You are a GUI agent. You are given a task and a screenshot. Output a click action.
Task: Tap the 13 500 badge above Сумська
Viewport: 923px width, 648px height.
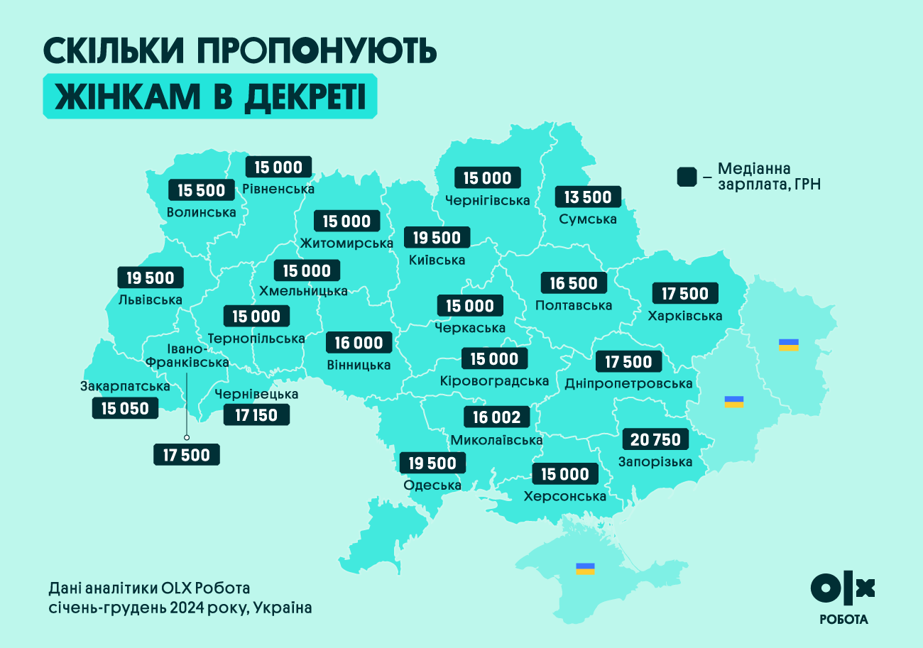pyautogui.click(x=588, y=197)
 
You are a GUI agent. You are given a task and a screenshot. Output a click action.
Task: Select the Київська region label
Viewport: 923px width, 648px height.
pyautogui.click(x=437, y=260)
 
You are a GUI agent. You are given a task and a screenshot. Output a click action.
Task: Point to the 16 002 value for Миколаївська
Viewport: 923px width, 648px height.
pyautogui.click(x=496, y=417)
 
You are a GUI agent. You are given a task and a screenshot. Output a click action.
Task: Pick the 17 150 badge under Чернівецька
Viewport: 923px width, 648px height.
pyautogui.click(x=256, y=414)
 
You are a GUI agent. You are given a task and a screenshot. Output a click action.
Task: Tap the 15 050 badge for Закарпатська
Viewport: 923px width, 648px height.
pyautogui.click(x=125, y=408)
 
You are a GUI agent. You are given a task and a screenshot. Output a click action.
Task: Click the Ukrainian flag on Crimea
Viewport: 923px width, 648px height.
pyautogui.click(x=585, y=569)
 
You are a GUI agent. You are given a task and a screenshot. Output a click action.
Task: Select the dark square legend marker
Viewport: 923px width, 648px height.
pyautogui.click(x=687, y=177)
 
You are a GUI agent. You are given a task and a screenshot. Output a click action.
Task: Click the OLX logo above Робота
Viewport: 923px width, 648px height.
pyautogui.click(x=843, y=588)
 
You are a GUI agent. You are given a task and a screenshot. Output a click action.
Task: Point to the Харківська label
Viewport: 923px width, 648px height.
pyautogui.click(x=685, y=316)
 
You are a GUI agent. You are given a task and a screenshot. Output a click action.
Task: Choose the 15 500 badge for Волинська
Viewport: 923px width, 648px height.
pyautogui.click(x=201, y=190)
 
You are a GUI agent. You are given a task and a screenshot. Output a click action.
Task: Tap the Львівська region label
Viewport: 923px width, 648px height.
pyautogui.click(x=150, y=300)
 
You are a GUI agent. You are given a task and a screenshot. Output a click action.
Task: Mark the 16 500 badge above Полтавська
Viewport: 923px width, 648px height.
pyautogui.click(x=574, y=283)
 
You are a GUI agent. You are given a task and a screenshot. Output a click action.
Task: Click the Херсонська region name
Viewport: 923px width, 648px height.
pyautogui.click(x=564, y=496)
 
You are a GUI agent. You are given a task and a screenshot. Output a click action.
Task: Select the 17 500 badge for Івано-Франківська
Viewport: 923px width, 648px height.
pyautogui.click(x=186, y=455)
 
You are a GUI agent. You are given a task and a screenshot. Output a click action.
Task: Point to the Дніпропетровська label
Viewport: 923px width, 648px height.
pyautogui.click(x=628, y=384)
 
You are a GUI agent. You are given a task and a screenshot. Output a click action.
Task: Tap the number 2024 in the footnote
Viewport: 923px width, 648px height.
pyautogui.click(x=189, y=608)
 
